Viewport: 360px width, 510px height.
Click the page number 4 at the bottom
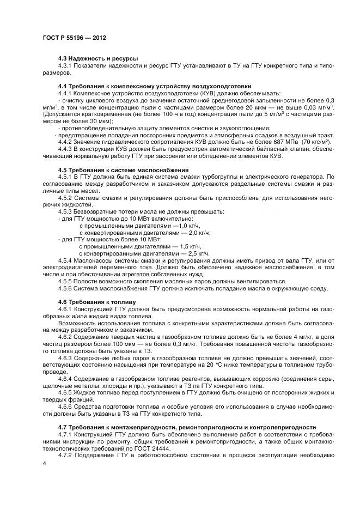pyautogui.click(x=44, y=463)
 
